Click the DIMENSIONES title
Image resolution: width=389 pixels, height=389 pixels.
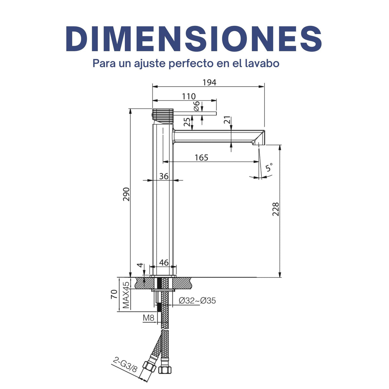[x=194, y=39]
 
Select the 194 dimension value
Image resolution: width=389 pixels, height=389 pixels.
[x=209, y=82]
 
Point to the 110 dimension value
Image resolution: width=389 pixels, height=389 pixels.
[x=189, y=97]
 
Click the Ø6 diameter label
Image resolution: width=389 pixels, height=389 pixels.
[x=197, y=106]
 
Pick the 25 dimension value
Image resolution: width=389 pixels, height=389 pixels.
[x=187, y=122]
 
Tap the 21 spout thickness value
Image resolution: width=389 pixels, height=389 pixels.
[x=227, y=120]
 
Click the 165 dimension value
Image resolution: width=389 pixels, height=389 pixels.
[x=201, y=158]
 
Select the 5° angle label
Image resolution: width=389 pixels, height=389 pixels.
[x=269, y=167]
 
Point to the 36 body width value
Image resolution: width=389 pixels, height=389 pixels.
[x=164, y=176]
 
